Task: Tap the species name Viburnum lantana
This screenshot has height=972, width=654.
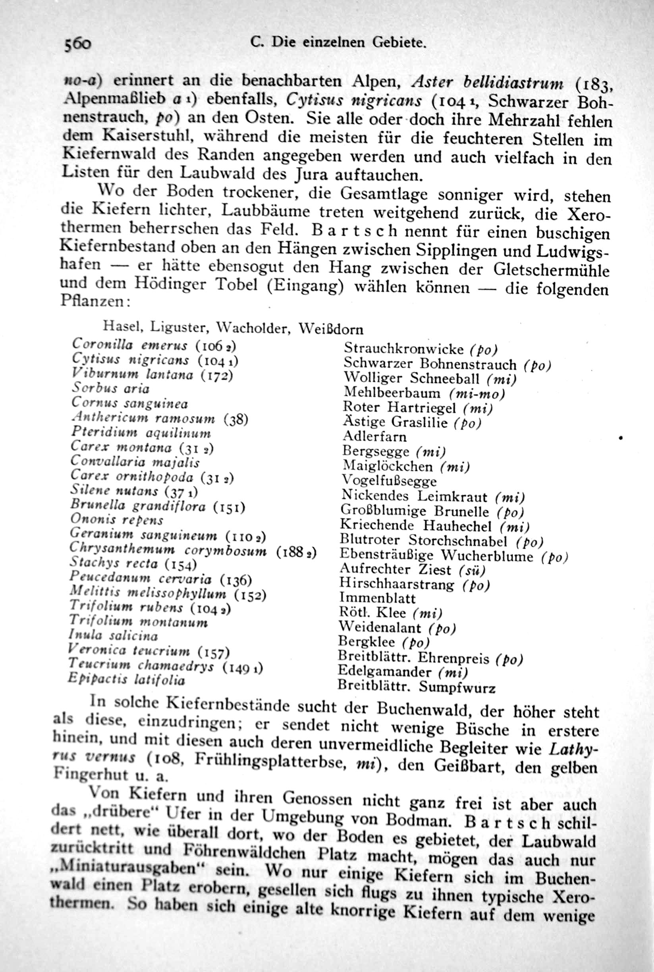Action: point(132,374)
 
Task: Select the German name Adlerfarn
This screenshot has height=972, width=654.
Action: point(374,437)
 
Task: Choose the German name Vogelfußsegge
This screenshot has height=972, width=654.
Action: point(389,481)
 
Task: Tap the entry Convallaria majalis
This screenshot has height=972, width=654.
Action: point(135,462)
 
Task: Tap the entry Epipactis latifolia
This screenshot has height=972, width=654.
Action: point(126,680)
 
